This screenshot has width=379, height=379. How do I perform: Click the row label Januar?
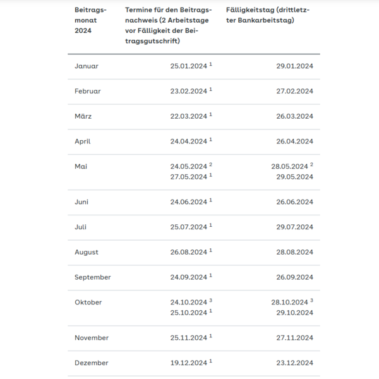[87, 66]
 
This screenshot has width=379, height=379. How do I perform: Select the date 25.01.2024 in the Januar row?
[188, 66]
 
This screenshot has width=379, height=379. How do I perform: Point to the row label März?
[84, 116]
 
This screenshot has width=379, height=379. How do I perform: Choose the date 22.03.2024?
[188, 116]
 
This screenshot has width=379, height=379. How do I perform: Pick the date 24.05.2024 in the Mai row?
[188, 166]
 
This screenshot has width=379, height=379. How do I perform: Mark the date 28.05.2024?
[289, 166]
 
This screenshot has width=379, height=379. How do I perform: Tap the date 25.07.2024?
[188, 227]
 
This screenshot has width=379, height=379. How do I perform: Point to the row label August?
[87, 252]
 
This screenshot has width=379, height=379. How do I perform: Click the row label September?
[93, 277]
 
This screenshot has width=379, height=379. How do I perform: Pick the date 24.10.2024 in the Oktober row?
[188, 302]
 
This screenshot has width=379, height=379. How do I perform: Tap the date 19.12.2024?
[188, 363]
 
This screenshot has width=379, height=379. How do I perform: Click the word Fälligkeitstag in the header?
[250, 11]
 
